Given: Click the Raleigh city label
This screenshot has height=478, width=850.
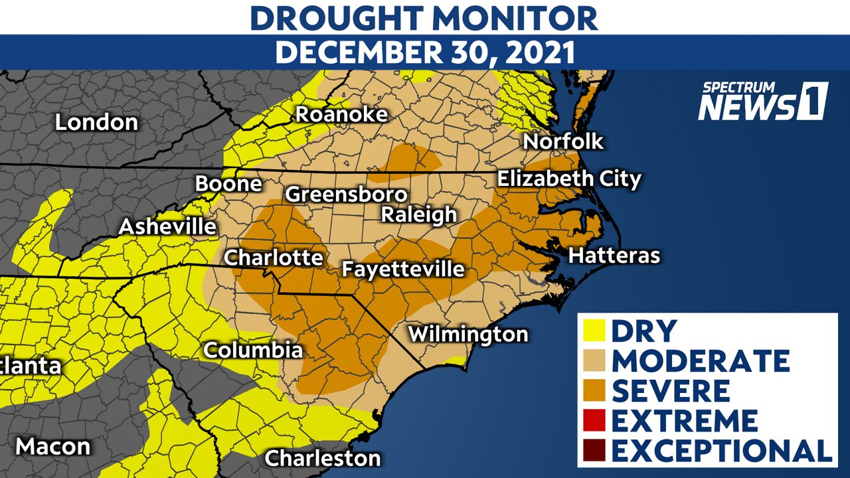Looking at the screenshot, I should pyautogui.click(x=419, y=214).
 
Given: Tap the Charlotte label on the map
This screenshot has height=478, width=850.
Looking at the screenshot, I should pyautogui.click(x=274, y=258).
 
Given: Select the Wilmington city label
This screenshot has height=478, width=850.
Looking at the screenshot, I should pyautogui.click(x=468, y=334).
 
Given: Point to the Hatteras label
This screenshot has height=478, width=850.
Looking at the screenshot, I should pyautogui.click(x=615, y=256).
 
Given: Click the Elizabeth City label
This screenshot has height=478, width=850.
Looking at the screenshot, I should pyautogui.click(x=569, y=179).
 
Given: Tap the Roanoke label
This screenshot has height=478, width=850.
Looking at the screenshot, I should pyautogui.click(x=341, y=114).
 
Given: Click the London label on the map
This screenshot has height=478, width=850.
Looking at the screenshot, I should pyautogui.click(x=96, y=122).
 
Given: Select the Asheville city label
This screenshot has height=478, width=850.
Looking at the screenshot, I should pyautogui.click(x=167, y=226).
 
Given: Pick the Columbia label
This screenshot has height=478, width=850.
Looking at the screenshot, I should pyautogui.click(x=253, y=350).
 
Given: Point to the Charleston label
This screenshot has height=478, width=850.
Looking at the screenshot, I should pyautogui.click(x=323, y=457).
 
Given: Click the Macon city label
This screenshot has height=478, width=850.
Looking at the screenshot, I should pyautogui.click(x=53, y=446).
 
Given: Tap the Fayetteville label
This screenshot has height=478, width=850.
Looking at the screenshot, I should pyautogui.click(x=402, y=269).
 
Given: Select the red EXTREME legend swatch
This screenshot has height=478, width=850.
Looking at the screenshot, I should pyautogui.click(x=594, y=420).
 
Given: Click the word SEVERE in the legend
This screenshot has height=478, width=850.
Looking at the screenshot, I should pyautogui.click(x=671, y=390).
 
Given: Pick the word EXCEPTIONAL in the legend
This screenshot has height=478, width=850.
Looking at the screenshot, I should pyautogui.click(x=722, y=450).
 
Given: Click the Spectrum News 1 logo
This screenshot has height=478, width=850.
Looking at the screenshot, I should pyautogui.click(x=762, y=102).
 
